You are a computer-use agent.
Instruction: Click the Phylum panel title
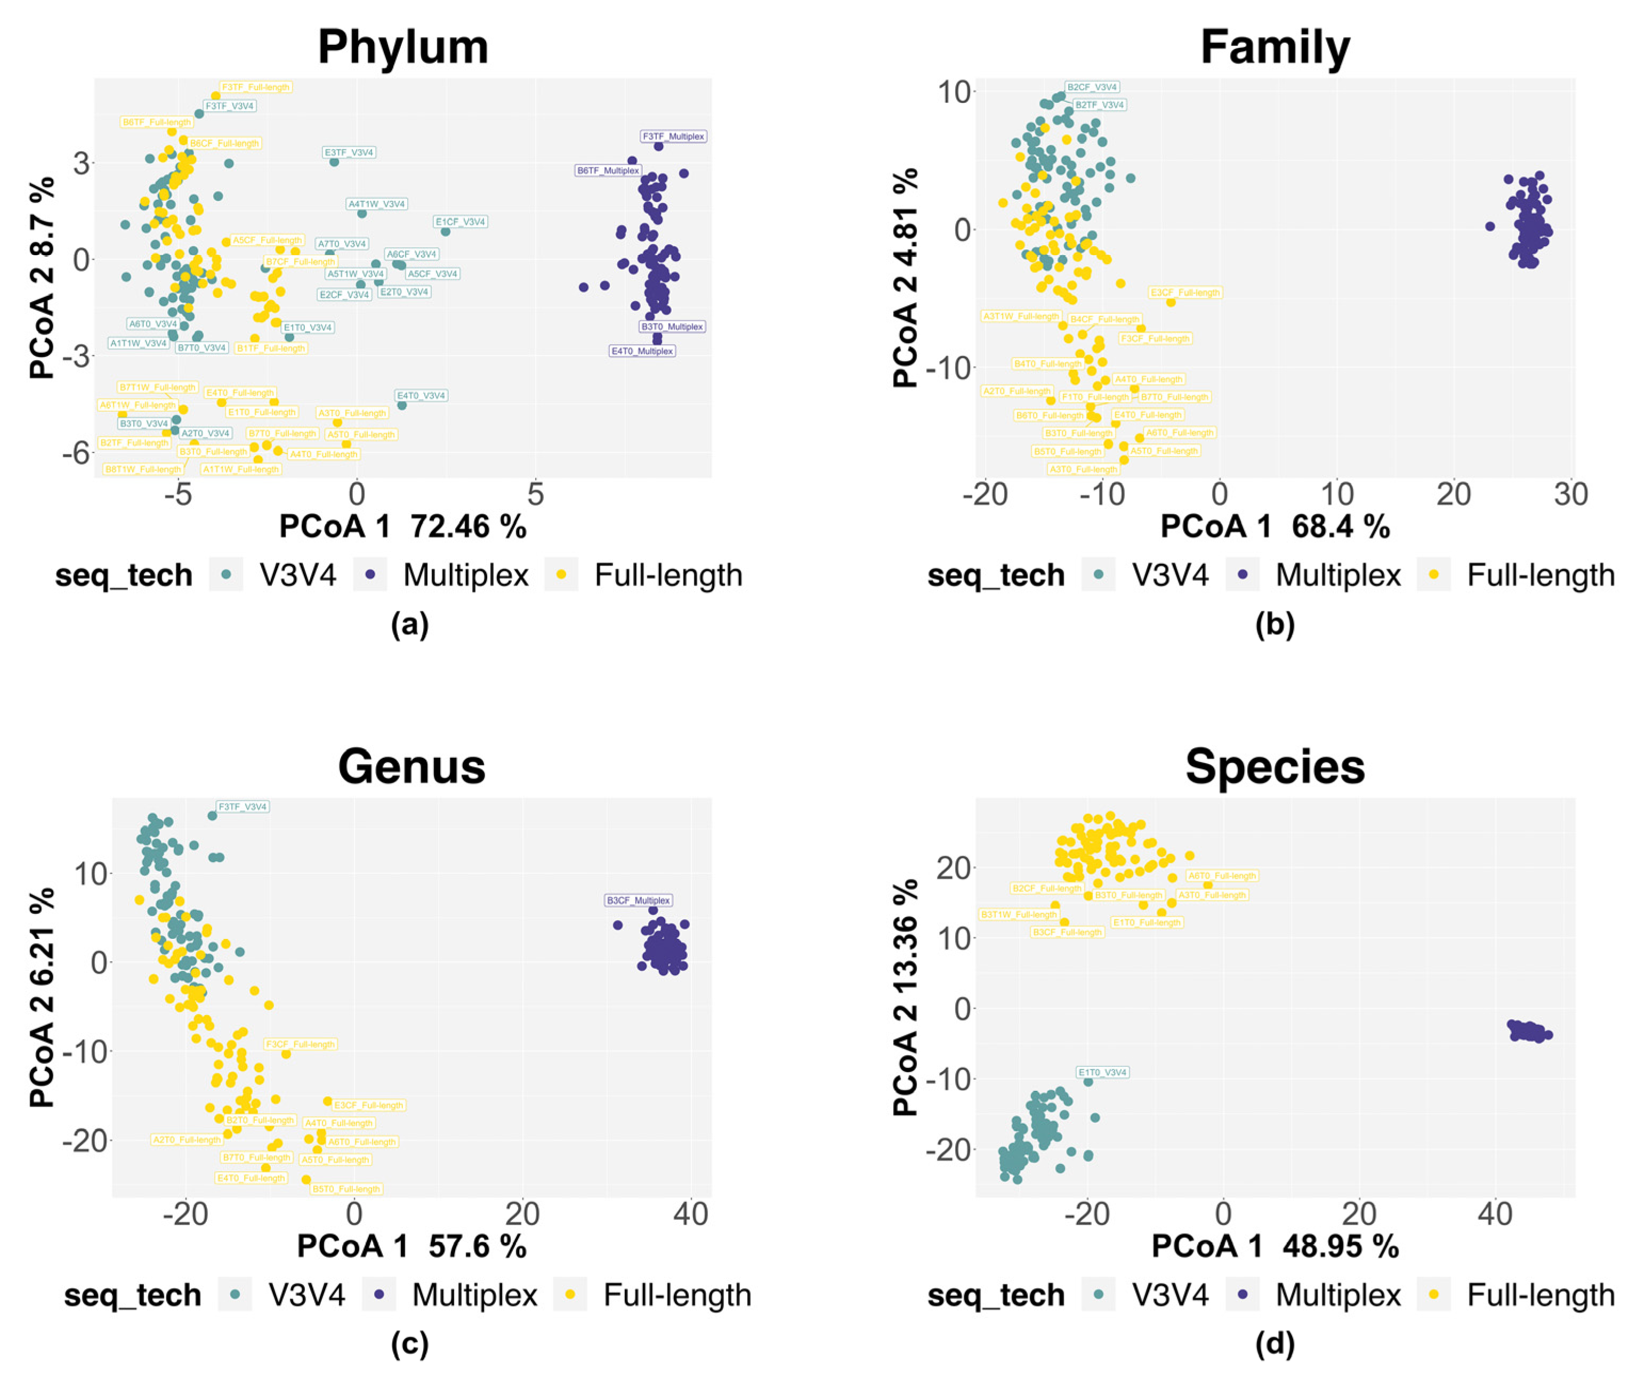tap(403, 47)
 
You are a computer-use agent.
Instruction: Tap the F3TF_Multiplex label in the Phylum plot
tap(673, 137)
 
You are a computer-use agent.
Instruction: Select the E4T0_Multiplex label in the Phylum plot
tap(642, 351)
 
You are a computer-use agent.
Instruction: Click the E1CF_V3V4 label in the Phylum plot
tap(461, 222)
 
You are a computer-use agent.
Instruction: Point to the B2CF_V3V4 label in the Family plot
tap(1092, 87)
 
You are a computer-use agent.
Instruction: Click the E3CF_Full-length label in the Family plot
tap(1185, 293)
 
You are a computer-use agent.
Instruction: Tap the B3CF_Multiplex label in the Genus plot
tap(638, 901)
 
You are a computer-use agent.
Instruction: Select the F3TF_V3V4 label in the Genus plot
tap(243, 807)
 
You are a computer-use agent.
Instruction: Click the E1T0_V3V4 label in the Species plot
tap(1102, 1073)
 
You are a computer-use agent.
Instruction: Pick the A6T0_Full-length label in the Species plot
tap(1222, 876)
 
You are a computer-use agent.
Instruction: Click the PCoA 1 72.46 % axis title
tap(402, 526)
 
